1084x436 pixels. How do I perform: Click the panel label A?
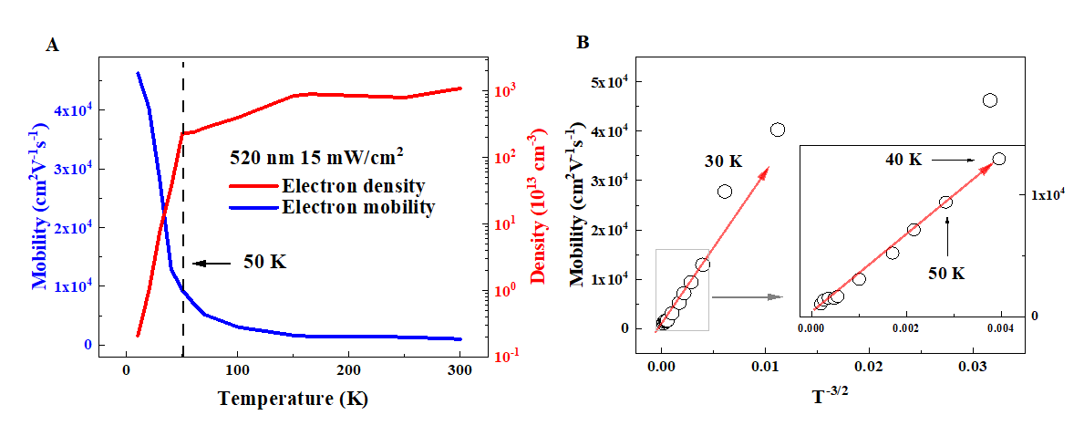pos(53,47)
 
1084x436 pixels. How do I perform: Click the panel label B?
pos(583,42)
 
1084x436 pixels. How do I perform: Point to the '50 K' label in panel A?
pos(265,263)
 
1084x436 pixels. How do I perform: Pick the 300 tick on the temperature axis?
pos(459,371)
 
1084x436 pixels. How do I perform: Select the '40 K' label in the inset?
pos(903,160)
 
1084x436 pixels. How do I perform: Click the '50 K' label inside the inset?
pos(945,272)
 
